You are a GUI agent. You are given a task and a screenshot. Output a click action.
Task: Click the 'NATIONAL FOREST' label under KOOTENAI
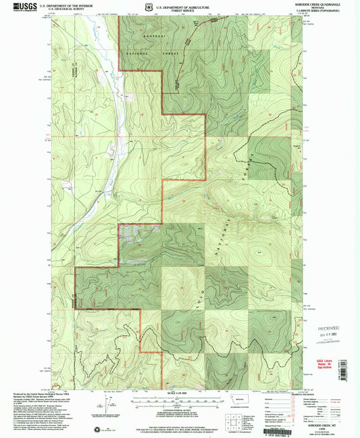pos(141,51)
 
